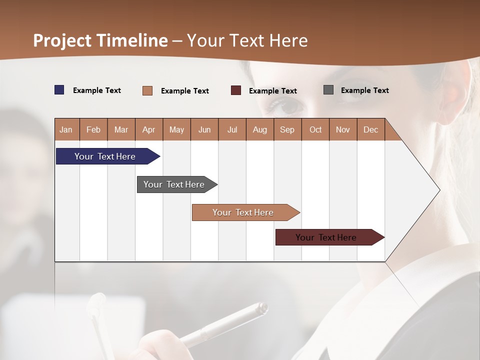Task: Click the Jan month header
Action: (66, 130)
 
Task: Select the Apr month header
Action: (149, 130)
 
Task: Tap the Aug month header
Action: (259, 130)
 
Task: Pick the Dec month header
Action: (370, 130)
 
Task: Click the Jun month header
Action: (204, 130)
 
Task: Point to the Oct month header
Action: (315, 130)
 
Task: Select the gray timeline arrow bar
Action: (175, 184)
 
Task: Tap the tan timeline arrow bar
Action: (243, 212)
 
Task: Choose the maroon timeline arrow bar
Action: (327, 237)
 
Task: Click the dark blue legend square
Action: (59, 90)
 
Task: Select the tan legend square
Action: (147, 90)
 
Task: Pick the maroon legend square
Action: (236, 90)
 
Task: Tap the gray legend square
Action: (328, 90)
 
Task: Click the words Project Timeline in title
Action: (100, 40)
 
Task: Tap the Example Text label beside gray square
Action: (364, 90)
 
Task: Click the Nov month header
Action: (343, 130)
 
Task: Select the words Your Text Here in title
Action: (247, 40)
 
